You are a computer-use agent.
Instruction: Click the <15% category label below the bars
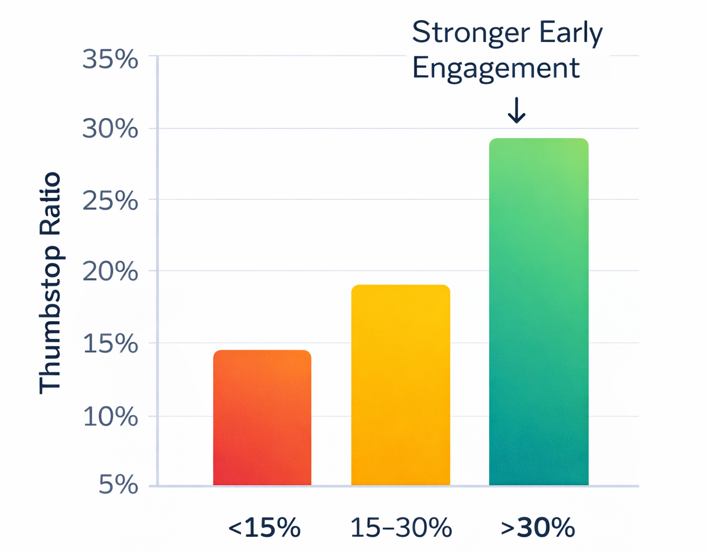pos(263,528)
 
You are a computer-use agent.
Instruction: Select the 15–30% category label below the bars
pos(401,528)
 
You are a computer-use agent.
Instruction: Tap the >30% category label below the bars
pos(537,528)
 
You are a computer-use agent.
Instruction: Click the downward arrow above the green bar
pos(517,110)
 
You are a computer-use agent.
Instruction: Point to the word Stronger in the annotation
pos(467,33)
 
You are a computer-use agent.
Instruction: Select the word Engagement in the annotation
pos(496,68)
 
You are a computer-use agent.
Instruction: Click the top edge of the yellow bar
pos(400,286)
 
